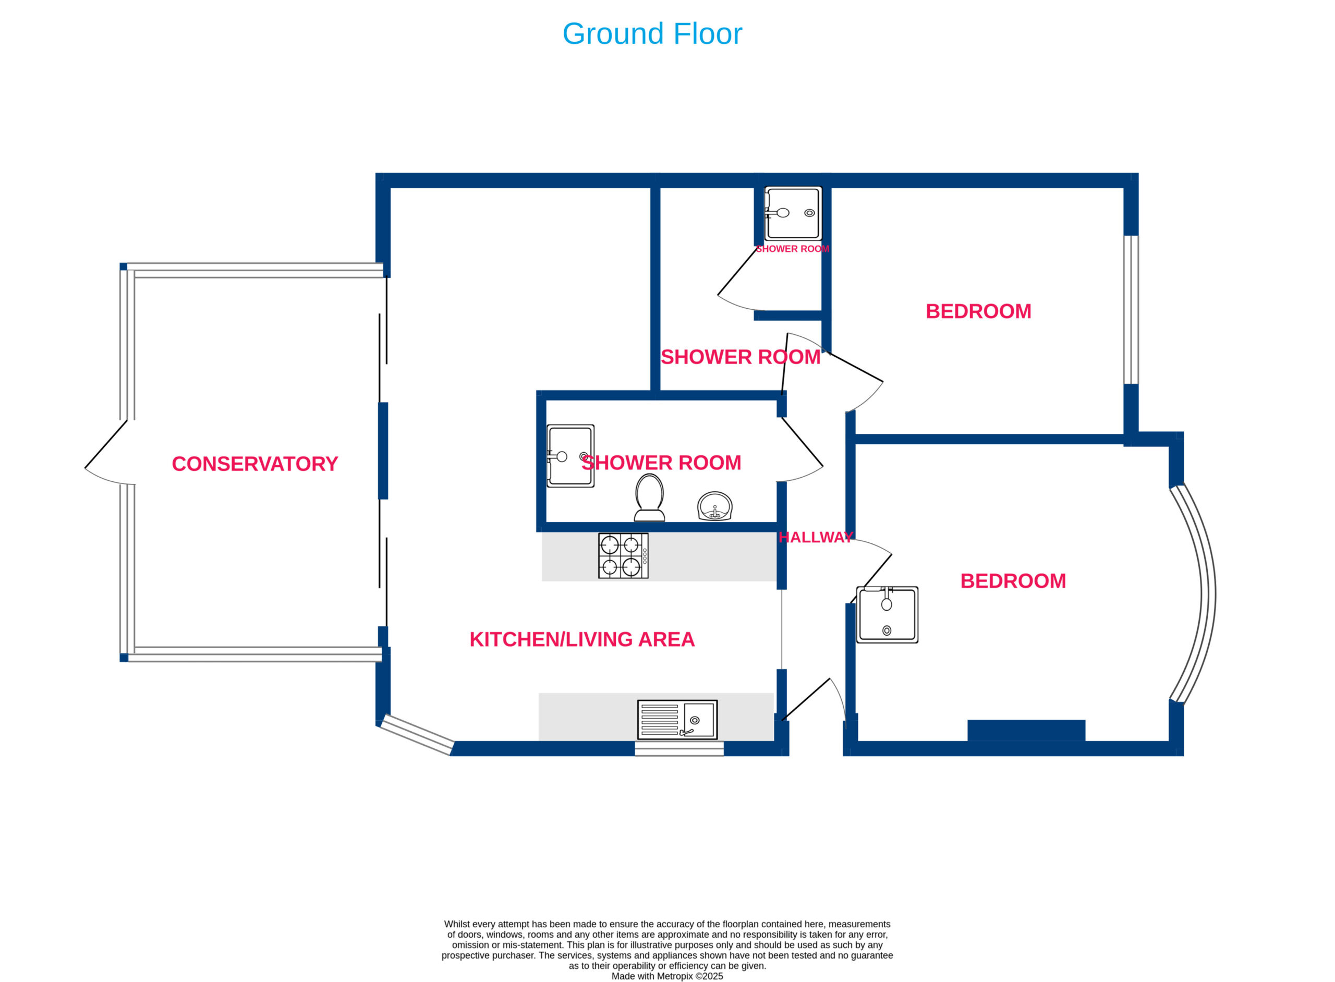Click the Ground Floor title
click(x=651, y=34)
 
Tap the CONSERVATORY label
click(x=254, y=464)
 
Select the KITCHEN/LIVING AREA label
click(x=581, y=639)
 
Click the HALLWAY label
click(x=815, y=537)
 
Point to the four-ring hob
click(x=623, y=556)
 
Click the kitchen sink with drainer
click(x=677, y=720)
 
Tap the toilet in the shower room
click(x=649, y=498)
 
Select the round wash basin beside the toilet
click(x=714, y=506)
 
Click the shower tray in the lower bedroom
click(x=887, y=615)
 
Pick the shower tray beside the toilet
click(x=570, y=456)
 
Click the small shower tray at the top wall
click(x=793, y=213)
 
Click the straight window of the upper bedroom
click(x=1131, y=310)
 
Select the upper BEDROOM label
click(x=978, y=311)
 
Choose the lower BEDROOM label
click(x=1013, y=581)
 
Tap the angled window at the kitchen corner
click(x=416, y=735)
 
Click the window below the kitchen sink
click(x=679, y=749)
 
